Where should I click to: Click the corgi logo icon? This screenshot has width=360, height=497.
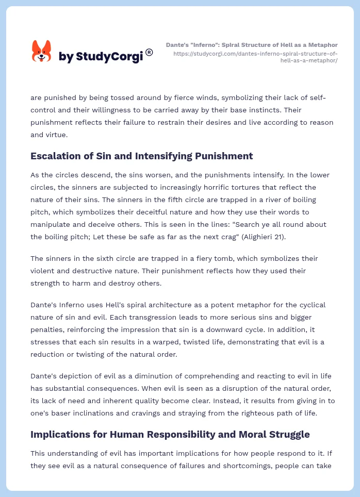(42, 52)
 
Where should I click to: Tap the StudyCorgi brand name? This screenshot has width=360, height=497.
(101, 56)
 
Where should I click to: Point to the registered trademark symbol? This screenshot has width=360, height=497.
(149, 52)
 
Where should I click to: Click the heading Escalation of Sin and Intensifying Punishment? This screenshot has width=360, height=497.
(141, 156)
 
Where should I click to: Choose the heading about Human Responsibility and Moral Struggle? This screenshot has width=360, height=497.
(170, 434)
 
